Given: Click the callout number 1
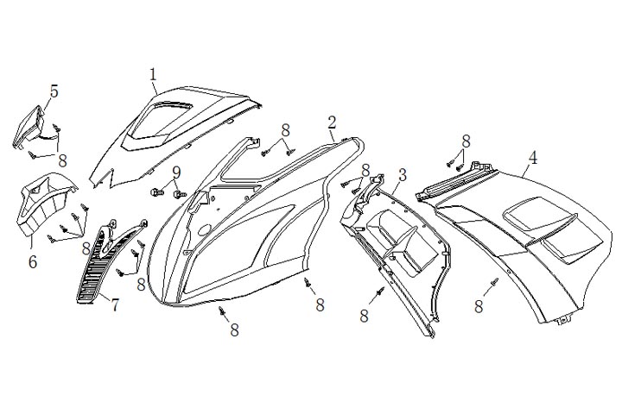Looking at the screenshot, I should click(x=153, y=75).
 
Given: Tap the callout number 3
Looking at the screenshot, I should click(x=402, y=175).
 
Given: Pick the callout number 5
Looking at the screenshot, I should click(x=54, y=91).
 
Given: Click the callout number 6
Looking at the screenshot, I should click(x=32, y=258).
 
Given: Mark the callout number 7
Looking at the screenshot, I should click(x=115, y=303).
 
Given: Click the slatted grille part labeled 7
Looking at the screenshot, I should click(x=93, y=267).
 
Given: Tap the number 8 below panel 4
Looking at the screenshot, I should click(x=479, y=305).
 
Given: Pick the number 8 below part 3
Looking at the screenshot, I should click(x=365, y=317).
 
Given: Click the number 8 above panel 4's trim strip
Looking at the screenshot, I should click(x=466, y=141).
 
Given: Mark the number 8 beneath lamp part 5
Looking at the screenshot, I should click(x=62, y=160).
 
